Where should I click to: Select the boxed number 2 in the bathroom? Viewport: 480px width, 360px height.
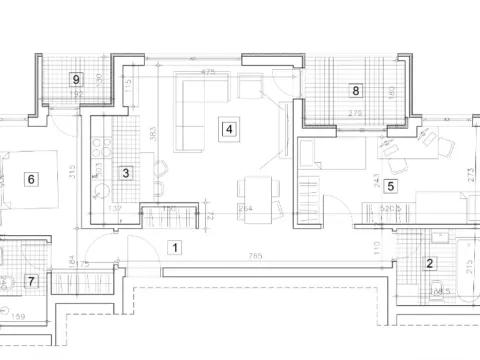[x=430, y=264]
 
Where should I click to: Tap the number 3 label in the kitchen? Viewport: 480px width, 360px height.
[x=125, y=173]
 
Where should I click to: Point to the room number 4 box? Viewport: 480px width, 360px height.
[x=230, y=128]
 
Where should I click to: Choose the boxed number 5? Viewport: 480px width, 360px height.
[x=390, y=185]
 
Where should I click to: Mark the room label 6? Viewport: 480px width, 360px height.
[x=31, y=179]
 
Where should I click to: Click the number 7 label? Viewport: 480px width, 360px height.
[x=31, y=282]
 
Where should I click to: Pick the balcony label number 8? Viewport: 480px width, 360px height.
[x=355, y=90]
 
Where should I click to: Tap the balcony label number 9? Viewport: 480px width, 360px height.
[x=75, y=80]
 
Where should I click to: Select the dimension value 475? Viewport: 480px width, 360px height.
[x=209, y=72]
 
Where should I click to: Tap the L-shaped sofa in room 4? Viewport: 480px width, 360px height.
[x=192, y=105]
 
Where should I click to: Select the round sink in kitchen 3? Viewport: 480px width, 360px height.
[x=99, y=189]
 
